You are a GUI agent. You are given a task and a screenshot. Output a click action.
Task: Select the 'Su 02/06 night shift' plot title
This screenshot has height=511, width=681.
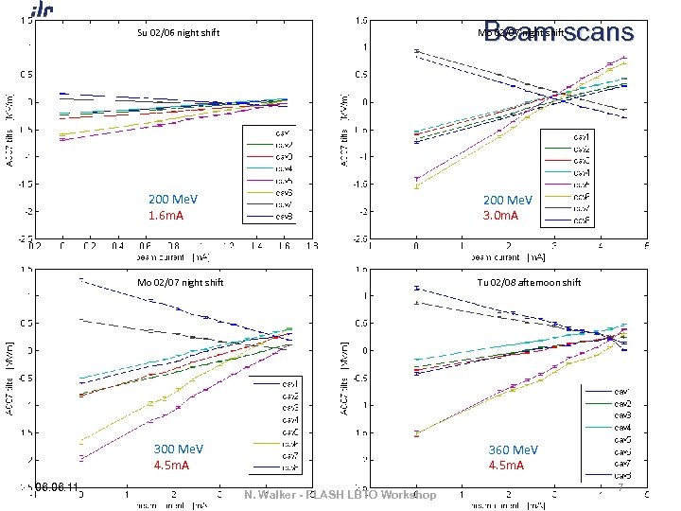point(179,33)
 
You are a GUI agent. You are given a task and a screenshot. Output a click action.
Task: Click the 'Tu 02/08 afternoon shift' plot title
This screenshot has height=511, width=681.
point(534,282)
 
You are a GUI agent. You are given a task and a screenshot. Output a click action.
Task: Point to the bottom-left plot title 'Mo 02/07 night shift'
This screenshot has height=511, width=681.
point(179,282)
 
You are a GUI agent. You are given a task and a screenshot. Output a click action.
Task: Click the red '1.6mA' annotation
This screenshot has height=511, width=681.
point(166,216)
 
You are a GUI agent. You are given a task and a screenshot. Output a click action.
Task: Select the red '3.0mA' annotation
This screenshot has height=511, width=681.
point(500,216)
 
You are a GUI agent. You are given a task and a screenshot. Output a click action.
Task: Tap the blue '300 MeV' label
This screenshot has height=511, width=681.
point(179,449)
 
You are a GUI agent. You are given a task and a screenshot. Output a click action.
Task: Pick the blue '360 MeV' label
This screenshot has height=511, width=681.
point(513,449)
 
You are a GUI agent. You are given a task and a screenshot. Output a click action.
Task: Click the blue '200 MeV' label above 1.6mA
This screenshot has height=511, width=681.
point(172,200)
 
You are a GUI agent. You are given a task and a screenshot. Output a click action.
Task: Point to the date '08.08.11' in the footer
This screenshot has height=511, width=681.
point(60,487)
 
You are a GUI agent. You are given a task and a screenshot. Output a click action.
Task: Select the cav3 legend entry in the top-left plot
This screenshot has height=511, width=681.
point(283,156)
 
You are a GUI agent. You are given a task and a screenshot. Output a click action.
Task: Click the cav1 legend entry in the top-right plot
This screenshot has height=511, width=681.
point(583,138)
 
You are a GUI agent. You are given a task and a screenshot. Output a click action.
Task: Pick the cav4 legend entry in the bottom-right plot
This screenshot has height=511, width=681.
point(621,427)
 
